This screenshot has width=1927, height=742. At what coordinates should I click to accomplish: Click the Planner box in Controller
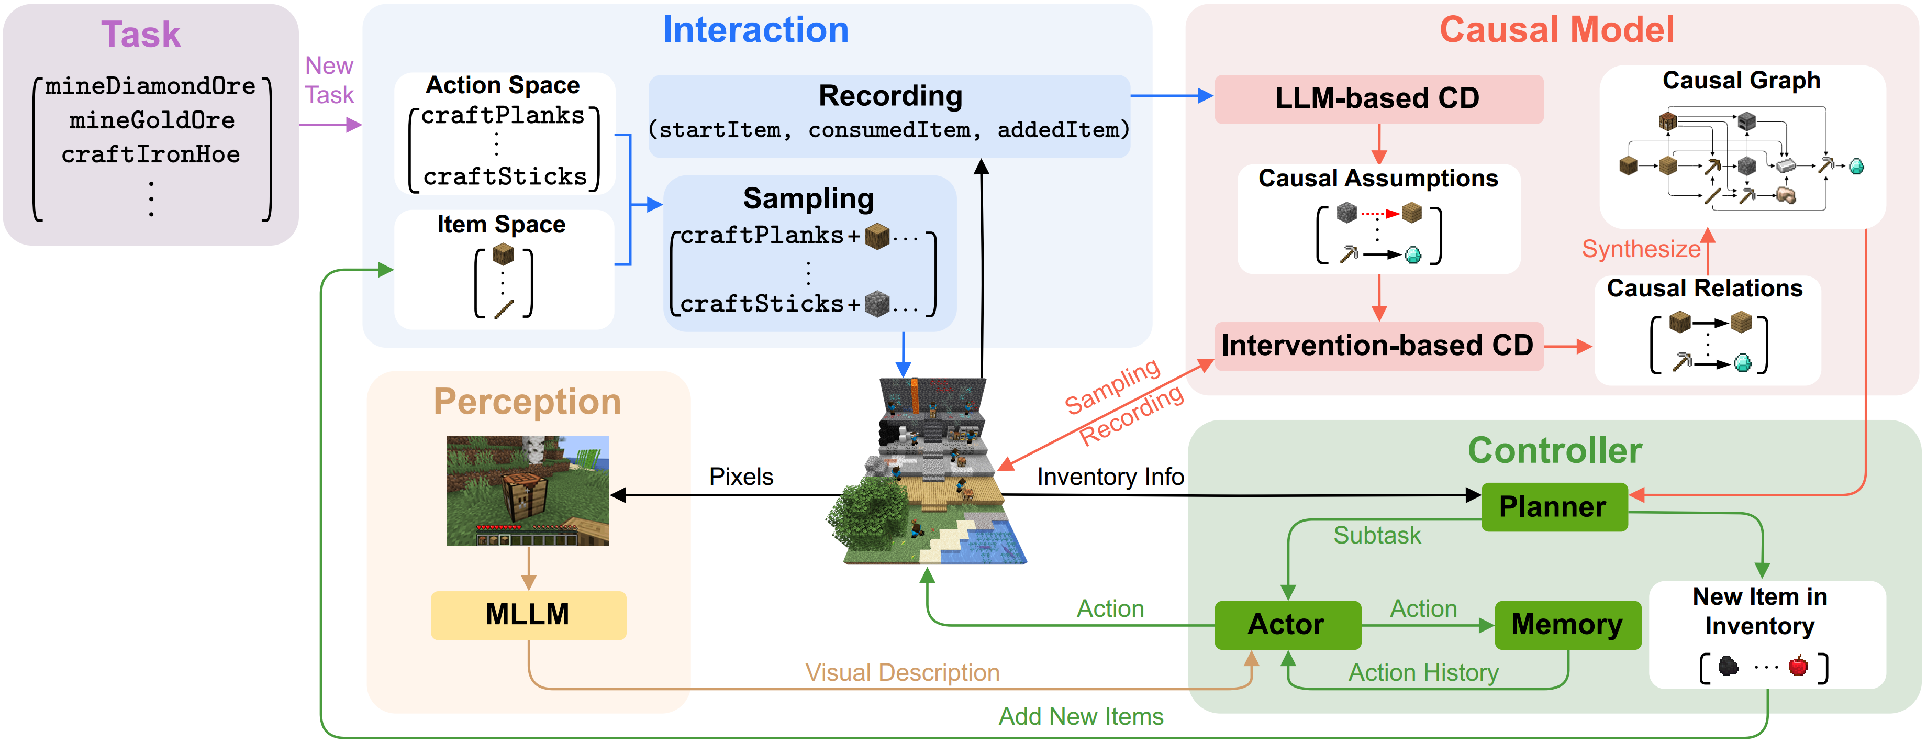tap(1554, 506)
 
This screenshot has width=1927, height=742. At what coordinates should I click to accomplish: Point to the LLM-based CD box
tap(1377, 98)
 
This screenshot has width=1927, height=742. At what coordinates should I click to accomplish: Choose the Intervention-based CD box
tap(1377, 345)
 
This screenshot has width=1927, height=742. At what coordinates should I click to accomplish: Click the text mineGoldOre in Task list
tap(152, 120)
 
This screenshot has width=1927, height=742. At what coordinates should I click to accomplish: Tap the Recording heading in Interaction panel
tap(890, 96)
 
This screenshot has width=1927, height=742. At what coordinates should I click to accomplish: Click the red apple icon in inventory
tap(1798, 665)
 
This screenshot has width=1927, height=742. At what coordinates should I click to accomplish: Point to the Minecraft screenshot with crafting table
tap(527, 490)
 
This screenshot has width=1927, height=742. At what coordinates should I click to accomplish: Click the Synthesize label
tap(1641, 248)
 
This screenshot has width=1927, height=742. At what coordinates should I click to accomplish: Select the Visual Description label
tap(902, 672)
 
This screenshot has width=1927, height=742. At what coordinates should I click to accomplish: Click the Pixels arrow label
tap(741, 477)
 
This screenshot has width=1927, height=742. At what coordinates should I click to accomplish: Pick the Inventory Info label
tap(1110, 477)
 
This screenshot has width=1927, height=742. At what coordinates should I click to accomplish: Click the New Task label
tap(329, 80)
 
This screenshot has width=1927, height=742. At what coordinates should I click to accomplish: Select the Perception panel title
tap(527, 402)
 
